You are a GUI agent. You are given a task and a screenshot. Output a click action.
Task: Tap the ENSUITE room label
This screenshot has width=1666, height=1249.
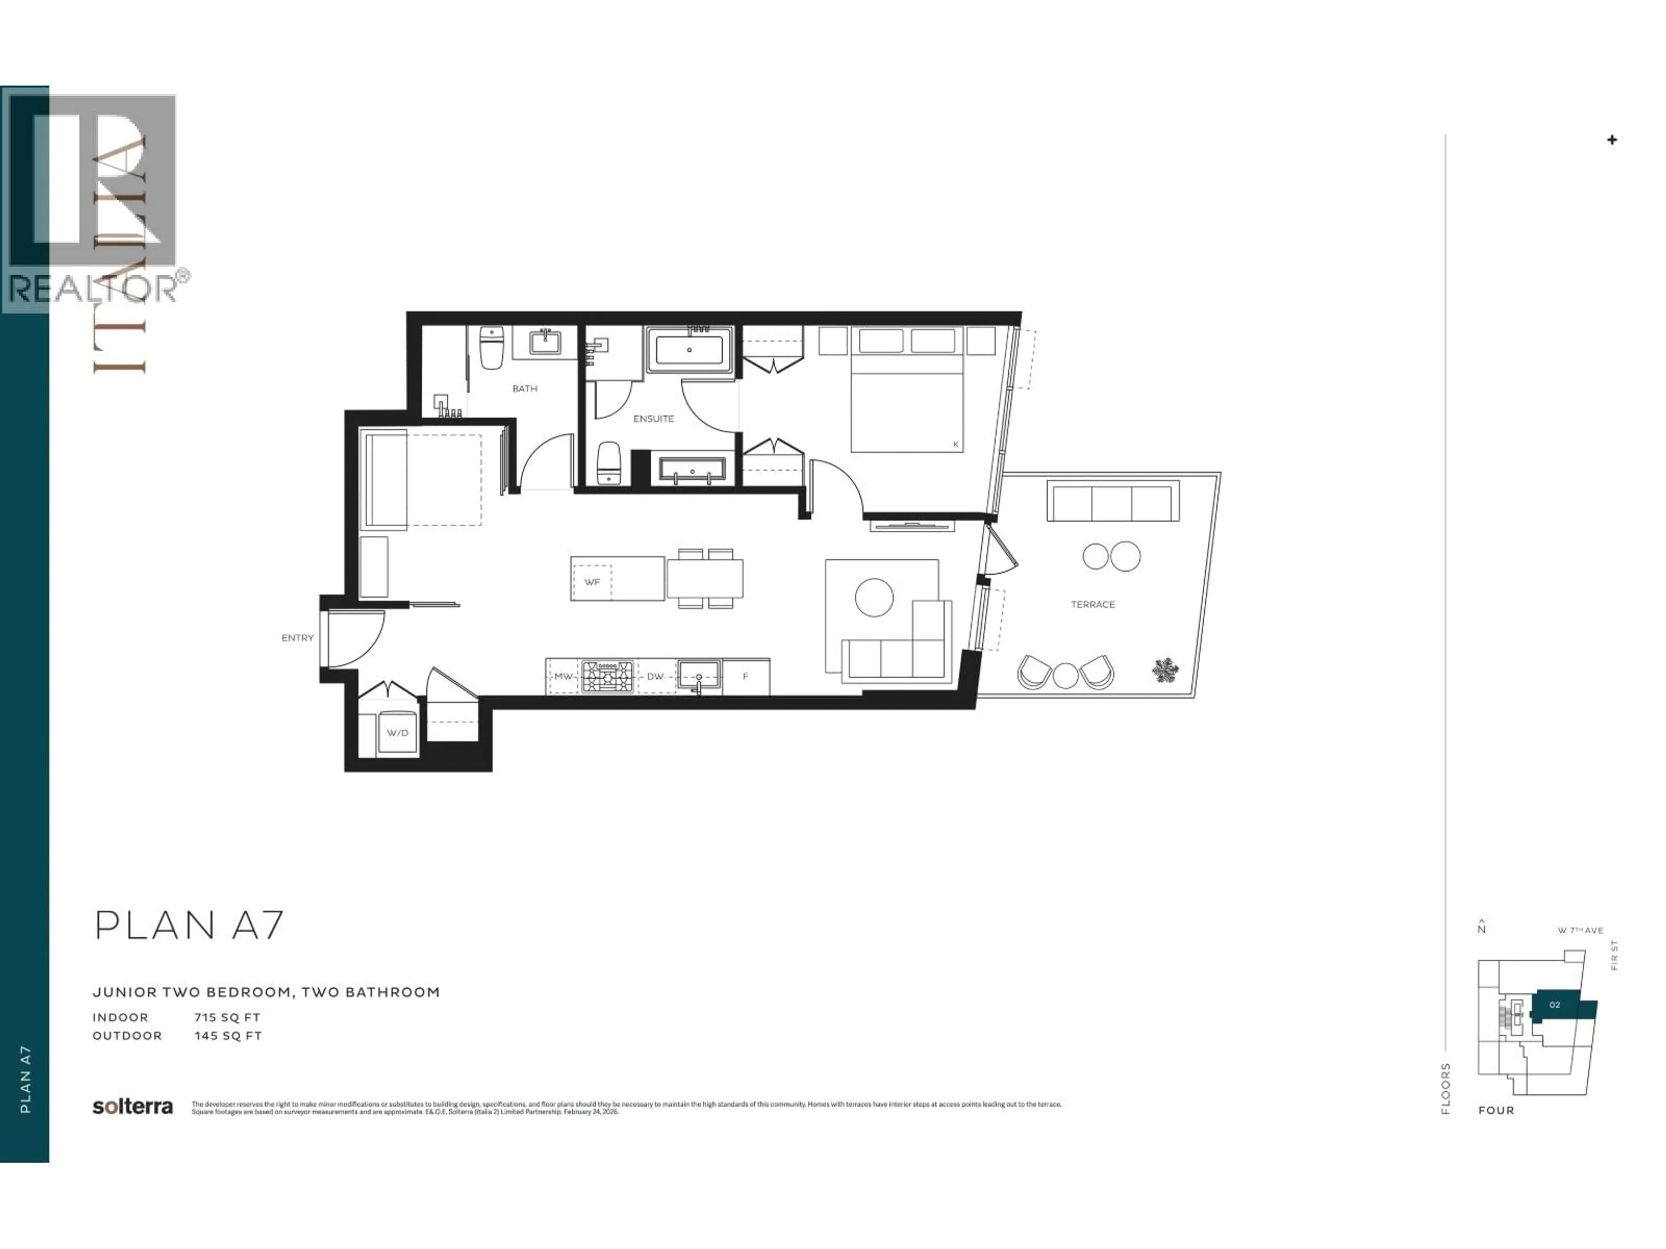click(x=653, y=419)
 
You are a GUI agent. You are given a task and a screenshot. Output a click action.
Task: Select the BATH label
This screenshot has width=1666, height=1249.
click(x=525, y=389)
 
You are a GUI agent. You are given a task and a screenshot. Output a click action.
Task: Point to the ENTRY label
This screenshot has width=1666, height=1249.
click(x=298, y=638)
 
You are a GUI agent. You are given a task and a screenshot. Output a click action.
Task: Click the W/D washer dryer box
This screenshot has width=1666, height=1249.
click(x=397, y=732)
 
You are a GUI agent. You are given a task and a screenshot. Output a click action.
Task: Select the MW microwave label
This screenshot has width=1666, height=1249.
click(x=564, y=676)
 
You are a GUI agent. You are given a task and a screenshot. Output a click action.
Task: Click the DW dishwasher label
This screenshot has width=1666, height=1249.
click(x=655, y=676)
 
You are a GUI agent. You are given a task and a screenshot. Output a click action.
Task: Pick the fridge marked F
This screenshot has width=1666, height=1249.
click(x=746, y=676)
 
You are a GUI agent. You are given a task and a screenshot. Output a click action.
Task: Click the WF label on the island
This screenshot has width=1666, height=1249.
click(x=592, y=582)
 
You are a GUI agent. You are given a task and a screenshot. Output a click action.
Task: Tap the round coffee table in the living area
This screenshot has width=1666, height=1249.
click(x=874, y=597)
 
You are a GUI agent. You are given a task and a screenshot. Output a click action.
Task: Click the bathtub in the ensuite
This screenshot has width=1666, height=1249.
click(x=689, y=350)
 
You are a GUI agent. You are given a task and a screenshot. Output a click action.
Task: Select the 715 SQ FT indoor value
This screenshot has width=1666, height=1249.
click(x=227, y=1017)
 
